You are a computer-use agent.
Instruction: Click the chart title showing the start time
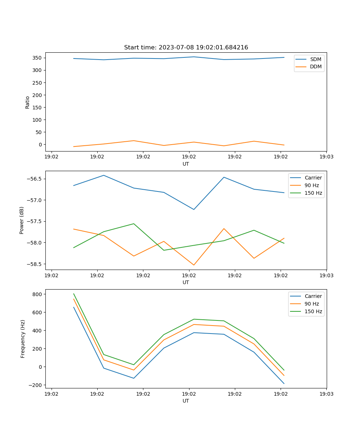point(186,48)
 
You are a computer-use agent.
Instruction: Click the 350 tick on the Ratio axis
point(38,58)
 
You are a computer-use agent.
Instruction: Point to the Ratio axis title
point(28,102)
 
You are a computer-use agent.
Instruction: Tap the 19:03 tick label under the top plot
point(326,157)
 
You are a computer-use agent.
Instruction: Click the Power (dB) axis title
point(22,220)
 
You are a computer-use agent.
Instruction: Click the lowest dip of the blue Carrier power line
point(194,209)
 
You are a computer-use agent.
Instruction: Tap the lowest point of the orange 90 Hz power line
point(194,265)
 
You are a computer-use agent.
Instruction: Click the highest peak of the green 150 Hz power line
point(134,223)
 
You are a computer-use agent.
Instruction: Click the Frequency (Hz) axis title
point(23,339)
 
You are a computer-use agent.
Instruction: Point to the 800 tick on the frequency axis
point(38,294)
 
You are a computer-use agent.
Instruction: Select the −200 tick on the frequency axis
point(36,385)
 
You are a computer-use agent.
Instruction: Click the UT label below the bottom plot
point(186,401)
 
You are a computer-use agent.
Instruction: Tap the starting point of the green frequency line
point(74,294)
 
